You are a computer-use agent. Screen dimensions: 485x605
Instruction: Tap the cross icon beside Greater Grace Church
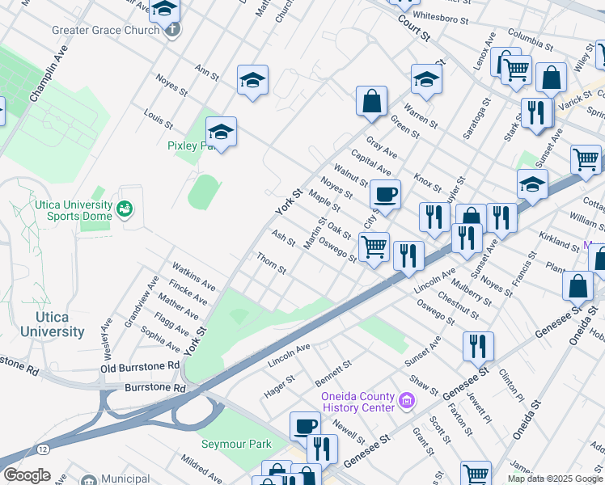[171, 30]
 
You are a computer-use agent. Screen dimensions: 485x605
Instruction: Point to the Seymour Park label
[236, 445]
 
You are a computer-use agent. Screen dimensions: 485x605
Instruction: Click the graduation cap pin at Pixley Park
[221, 130]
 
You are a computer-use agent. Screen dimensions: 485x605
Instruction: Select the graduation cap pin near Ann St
[252, 79]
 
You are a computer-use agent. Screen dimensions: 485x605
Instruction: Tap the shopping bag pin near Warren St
[371, 101]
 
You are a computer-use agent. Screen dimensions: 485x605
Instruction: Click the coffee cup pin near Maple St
[385, 194]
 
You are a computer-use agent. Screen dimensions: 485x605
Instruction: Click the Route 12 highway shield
[41, 448]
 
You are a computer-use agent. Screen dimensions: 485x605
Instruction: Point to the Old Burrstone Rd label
[140, 366]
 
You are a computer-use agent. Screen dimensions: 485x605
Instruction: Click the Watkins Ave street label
[192, 276]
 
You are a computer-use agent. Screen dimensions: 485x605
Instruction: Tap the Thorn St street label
[271, 263]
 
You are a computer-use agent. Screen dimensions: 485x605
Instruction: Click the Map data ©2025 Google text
[555, 479]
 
